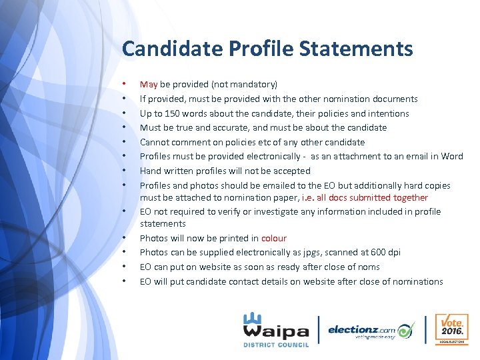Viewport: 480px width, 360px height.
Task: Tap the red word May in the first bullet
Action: tap(148, 85)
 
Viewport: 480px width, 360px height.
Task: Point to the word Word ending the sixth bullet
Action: tap(451, 157)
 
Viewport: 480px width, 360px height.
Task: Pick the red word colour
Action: tap(274, 238)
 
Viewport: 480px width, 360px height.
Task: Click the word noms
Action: tap(368, 267)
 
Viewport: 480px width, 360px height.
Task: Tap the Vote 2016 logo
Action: tap(451, 329)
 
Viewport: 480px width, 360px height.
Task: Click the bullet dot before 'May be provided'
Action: tap(125, 85)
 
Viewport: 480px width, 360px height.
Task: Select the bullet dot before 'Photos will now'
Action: tap(125, 238)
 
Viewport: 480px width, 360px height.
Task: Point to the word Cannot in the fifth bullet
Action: tap(155, 142)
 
